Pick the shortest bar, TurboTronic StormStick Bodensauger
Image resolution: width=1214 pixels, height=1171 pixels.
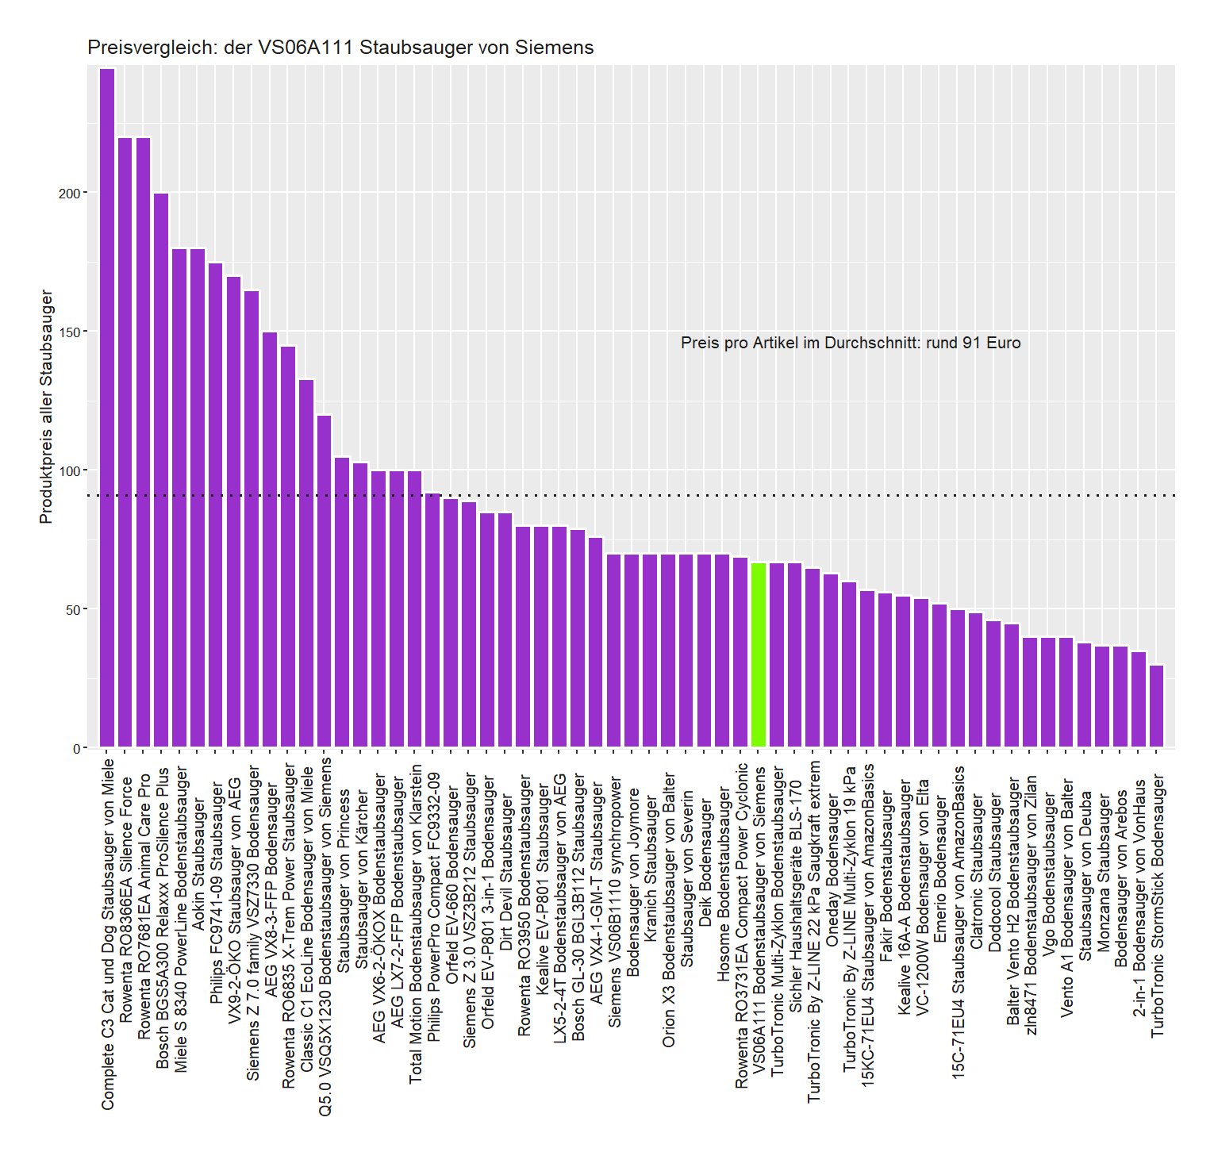click(x=1157, y=706)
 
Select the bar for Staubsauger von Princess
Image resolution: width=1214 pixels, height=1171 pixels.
click(x=342, y=602)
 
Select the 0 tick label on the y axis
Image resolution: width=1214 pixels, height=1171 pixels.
click(x=76, y=748)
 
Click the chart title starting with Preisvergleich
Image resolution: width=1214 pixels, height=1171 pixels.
click(x=340, y=48)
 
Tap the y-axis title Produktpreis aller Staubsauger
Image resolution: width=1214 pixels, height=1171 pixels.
click(x=46, y=406)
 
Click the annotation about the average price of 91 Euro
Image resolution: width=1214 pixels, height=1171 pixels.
click(x=851, y=343)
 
